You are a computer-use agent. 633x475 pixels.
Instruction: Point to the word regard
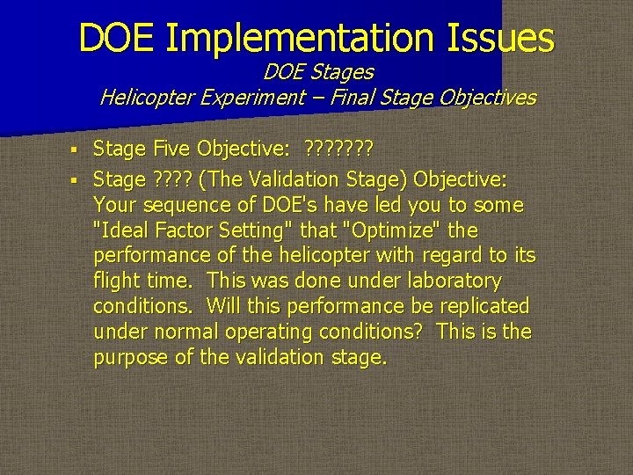(x=453, y=256)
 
